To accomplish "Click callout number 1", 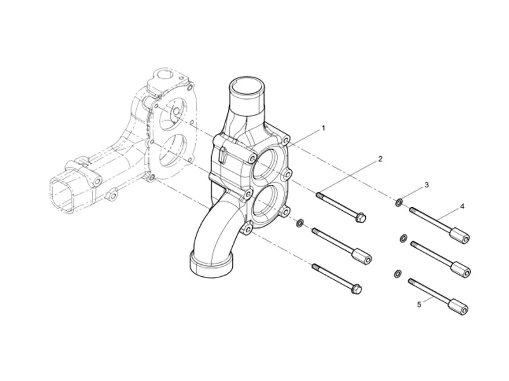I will point(323,128).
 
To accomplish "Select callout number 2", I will point(380,158).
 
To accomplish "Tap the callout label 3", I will point(426,185).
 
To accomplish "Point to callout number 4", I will point(463,207).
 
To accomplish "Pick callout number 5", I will point(419,305).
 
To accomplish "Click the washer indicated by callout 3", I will point(399,203).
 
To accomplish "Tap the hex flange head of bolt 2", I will point(359,218).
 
